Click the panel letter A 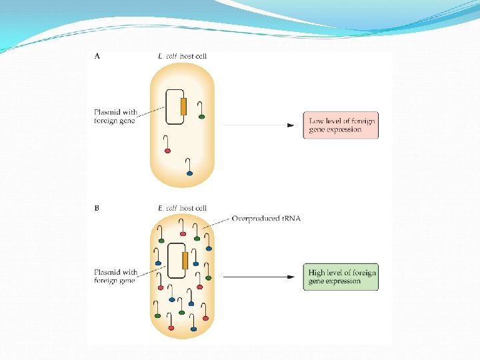tap(97, 57)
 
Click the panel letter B tap(97, 208)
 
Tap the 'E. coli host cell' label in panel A tap(182, 57)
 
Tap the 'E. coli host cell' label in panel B tap(183, 208)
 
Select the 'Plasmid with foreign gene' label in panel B tap(115, 276)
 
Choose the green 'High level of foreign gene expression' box tap(341, 277)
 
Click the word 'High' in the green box tap(317, 272)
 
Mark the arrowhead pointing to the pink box tap(291, 125)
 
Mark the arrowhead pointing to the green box tap(291, 277)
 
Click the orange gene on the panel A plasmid tap(183, 107)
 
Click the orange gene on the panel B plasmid tap(185, 261)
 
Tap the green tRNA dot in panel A tap(202, 117)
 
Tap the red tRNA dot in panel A tap(168, 151)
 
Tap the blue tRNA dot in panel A tap(190, 173)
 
